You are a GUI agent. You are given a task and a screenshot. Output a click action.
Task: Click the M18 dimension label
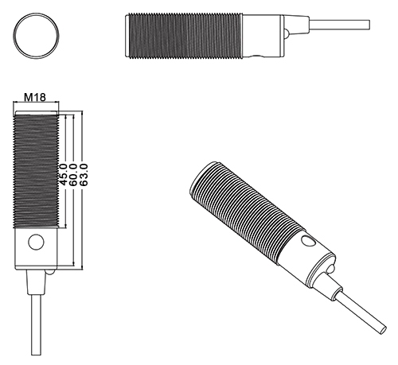34,98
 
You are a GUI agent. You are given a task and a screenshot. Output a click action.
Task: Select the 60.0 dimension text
73,175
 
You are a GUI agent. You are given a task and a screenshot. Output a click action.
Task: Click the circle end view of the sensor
37,35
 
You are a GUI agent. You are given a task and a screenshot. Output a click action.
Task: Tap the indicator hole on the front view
35,243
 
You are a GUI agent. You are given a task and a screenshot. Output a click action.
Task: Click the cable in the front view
34,326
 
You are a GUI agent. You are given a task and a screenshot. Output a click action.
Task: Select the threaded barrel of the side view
181,36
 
